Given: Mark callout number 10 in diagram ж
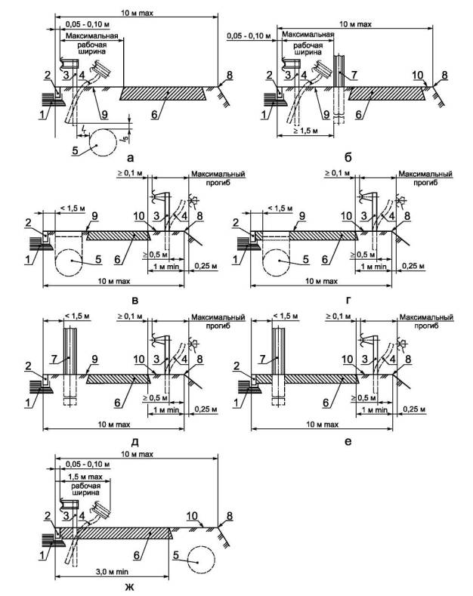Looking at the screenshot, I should pyautogui.click(x=193, y=517).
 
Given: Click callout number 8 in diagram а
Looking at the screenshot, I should pyautogui.click(x=218, y=74).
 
